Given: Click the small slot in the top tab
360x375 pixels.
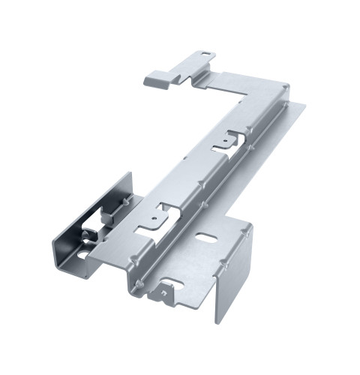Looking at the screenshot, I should click(206, 55).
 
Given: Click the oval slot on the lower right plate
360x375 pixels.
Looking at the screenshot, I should click(204, 239).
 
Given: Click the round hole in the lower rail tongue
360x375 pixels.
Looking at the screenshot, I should click(154, 220).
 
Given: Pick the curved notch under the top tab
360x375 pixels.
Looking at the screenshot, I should click(199, 75).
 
